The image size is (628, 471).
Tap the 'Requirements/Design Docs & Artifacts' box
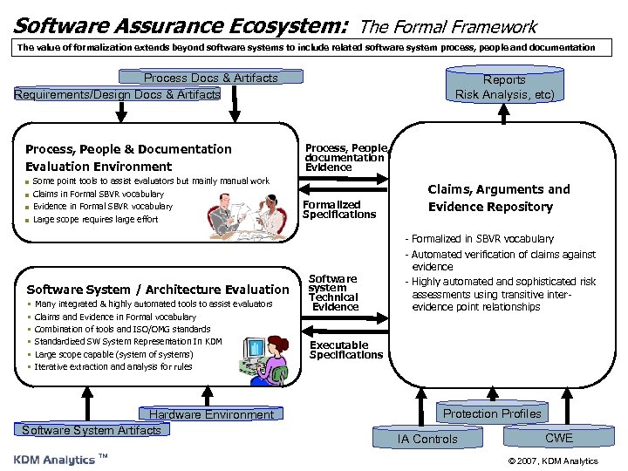click(x=117, y=93)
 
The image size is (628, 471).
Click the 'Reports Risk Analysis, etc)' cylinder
click(x=504, y=86)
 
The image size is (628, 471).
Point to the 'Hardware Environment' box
click(x=211, y=415)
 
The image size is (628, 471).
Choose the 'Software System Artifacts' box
click(x=92, y=430)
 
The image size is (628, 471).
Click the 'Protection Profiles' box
click(x=492, y=413)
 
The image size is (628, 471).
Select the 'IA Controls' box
click(x=427, y=439)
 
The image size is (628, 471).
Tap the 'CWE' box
click(x=559, y=438)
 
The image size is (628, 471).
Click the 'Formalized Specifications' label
click(x=339, y=209)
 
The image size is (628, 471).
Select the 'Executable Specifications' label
click(x=346, y=350)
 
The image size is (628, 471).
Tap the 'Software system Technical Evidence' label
click(x=334, y=293)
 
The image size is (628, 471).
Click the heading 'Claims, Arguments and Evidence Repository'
click(x=498, y=198)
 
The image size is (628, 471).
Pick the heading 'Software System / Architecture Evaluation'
click(x=158, y=290)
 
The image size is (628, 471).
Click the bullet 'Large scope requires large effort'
click(x=95, y=219)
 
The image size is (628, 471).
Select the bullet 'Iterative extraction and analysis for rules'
click(x=113, y=366)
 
